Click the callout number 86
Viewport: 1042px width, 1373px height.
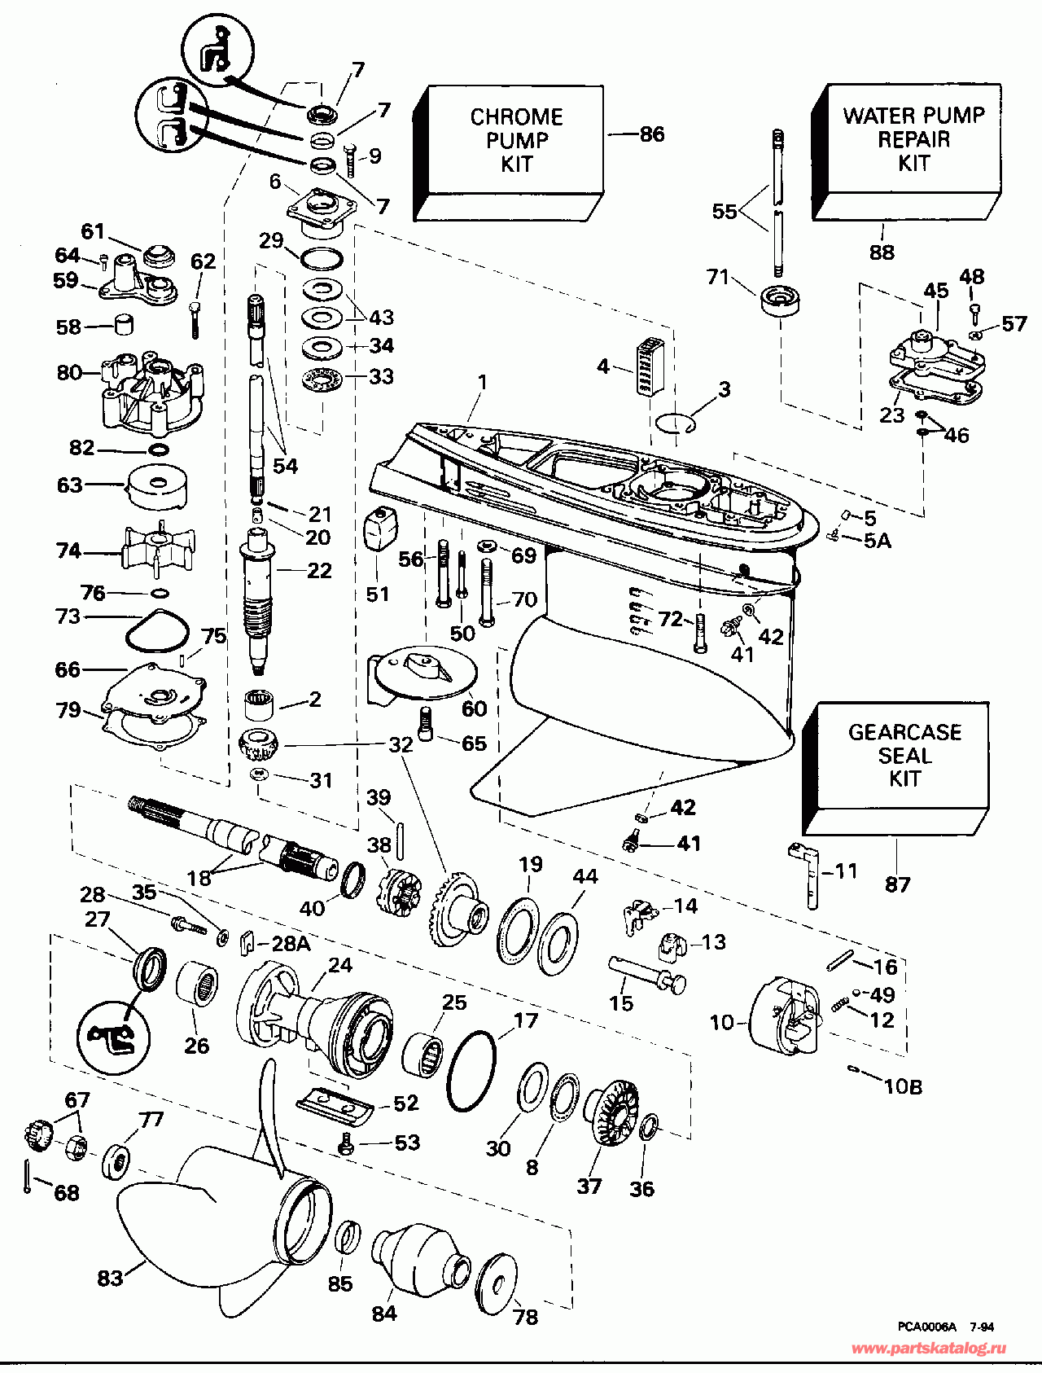click(652, 134)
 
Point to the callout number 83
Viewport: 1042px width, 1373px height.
click(110, 1278)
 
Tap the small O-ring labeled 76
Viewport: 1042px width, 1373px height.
click(161, 592)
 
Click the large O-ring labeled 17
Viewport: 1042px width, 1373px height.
click(471, 1071)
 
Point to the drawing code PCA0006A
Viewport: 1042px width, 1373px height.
click(927, 1327)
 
